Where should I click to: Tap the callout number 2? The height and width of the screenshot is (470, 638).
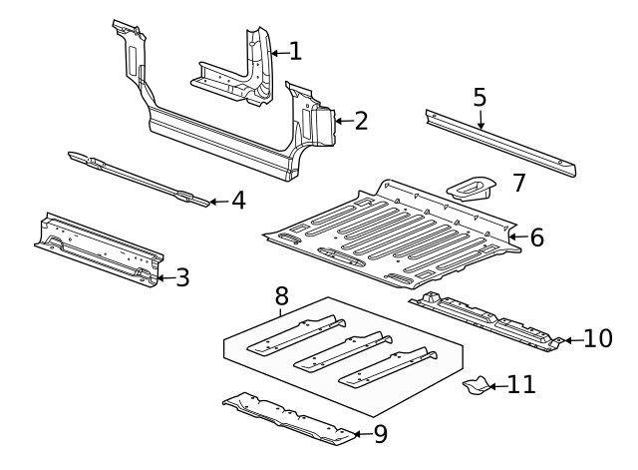361,121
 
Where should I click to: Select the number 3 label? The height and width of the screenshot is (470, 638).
182,278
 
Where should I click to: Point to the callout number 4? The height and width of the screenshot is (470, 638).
238,201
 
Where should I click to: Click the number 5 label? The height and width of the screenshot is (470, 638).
479,98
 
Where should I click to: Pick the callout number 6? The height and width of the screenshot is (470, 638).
536,237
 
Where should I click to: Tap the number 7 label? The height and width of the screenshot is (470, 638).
517,183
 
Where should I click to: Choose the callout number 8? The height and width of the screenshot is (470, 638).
281,295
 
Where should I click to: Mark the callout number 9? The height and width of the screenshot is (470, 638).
380,434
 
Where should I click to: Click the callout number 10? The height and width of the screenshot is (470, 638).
597,339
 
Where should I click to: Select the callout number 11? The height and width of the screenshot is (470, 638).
521,384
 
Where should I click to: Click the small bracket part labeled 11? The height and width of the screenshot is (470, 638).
476,386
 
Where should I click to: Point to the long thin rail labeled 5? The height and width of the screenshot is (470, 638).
498,139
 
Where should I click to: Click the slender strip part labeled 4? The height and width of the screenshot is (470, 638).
140,178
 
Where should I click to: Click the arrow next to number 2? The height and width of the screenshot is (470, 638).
341,121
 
